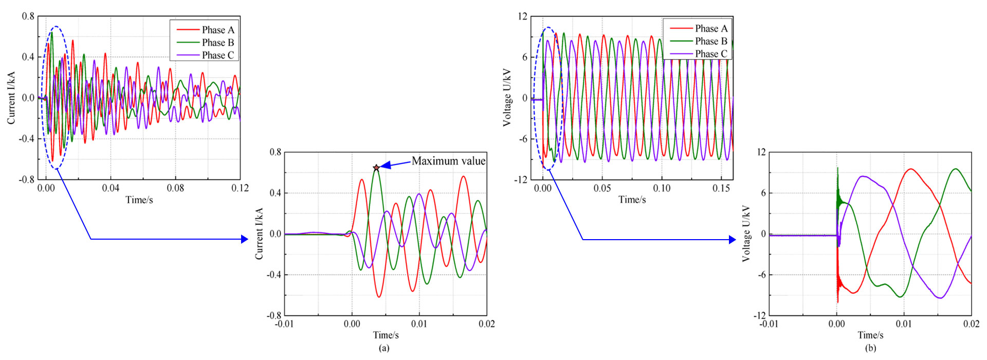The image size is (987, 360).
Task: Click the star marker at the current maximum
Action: click(376, 168)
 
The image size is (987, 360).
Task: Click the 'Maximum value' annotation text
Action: click(448, 161)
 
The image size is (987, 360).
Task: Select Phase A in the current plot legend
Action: click(217, 30)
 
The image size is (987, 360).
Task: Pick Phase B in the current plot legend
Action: click(217, 43)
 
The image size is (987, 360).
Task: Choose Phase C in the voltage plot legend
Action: click(711, 54)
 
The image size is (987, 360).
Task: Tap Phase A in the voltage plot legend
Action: click(711, 28)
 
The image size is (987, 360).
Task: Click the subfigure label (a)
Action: click(384, 348)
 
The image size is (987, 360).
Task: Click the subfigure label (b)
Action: click(870, 348)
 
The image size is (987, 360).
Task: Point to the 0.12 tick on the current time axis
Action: click(240, 188)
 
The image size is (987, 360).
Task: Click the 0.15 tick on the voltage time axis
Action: click(721, 188)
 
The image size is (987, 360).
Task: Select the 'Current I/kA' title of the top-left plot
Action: click(11, 98)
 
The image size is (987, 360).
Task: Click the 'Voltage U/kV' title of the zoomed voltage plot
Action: click(746, 234)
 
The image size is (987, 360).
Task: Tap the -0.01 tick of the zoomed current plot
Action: click(284, 323)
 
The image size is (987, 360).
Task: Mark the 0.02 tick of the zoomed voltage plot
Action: click(971, 323)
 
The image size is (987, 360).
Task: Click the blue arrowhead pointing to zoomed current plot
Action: click(245, 239)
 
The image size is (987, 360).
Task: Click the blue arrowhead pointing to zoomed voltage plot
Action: click(732, 240)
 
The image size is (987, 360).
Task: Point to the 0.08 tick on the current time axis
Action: click(175, 188)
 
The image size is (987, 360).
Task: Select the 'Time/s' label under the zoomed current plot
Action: click(386, 335)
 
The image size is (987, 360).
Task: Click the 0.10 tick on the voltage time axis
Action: click(662, 188)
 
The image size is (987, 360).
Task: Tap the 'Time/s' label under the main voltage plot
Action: click(632, 200)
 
